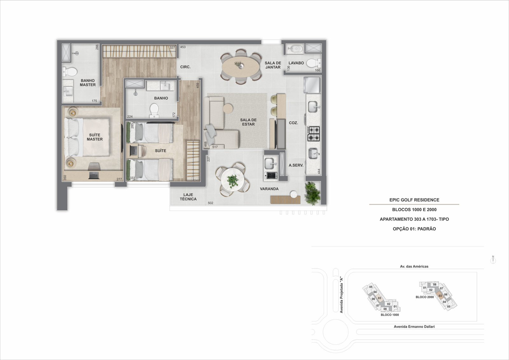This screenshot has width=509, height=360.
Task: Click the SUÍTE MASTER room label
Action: click(x=94, y=137)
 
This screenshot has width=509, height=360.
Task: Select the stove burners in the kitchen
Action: click(x=314, y=134)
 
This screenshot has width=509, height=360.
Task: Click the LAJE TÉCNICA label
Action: click(x=188, y=197)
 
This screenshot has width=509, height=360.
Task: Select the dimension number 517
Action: click(x=215, y=147)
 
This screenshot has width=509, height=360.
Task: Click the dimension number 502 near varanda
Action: click(x=210, y=203)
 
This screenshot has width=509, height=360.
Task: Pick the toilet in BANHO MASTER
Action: click(x=70, y=71)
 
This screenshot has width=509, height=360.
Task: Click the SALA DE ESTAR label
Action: click(x=248, y=122)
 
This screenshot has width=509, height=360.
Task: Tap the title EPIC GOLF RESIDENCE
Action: click(x=414, y=200)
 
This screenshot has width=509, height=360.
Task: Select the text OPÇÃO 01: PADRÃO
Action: click(x=414, y=229)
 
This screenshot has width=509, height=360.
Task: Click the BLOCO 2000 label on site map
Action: click(x=425, y=297)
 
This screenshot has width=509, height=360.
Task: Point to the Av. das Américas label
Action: click(x=414, y=267)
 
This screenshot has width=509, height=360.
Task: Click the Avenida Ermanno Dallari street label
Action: click(x=414, y=327)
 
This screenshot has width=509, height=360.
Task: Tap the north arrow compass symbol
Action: click(x=493, y=260)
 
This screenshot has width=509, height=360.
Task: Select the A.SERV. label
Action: click(x=296, y=165)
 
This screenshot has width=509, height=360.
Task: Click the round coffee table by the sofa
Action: click(x=228, y=108)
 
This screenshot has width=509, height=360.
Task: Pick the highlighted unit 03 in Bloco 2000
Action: click(x=440, y=296)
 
